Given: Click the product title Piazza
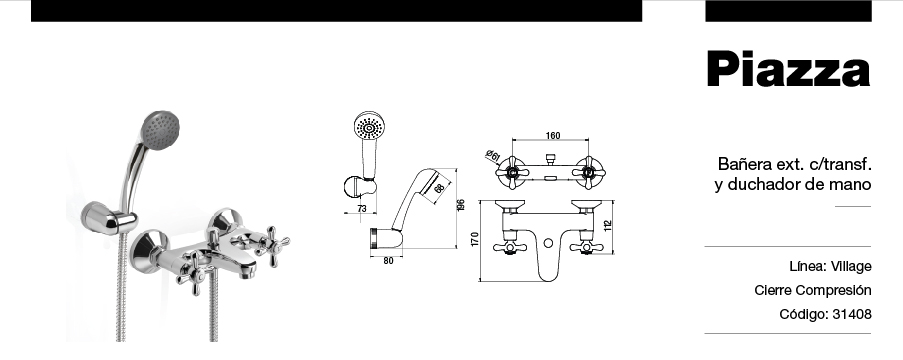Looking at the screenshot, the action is (788, 69).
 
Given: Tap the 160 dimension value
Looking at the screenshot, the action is (552, 136).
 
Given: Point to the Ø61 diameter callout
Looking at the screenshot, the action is (492, 156).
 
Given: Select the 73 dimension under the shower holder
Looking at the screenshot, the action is (361, 209).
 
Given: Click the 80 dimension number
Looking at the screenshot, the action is (388, 261).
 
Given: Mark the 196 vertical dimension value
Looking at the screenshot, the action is (461, 205).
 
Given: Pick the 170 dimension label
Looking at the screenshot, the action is (475, 239).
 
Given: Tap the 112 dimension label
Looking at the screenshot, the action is (607, 226).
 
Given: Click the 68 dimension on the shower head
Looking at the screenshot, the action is (439, 188).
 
